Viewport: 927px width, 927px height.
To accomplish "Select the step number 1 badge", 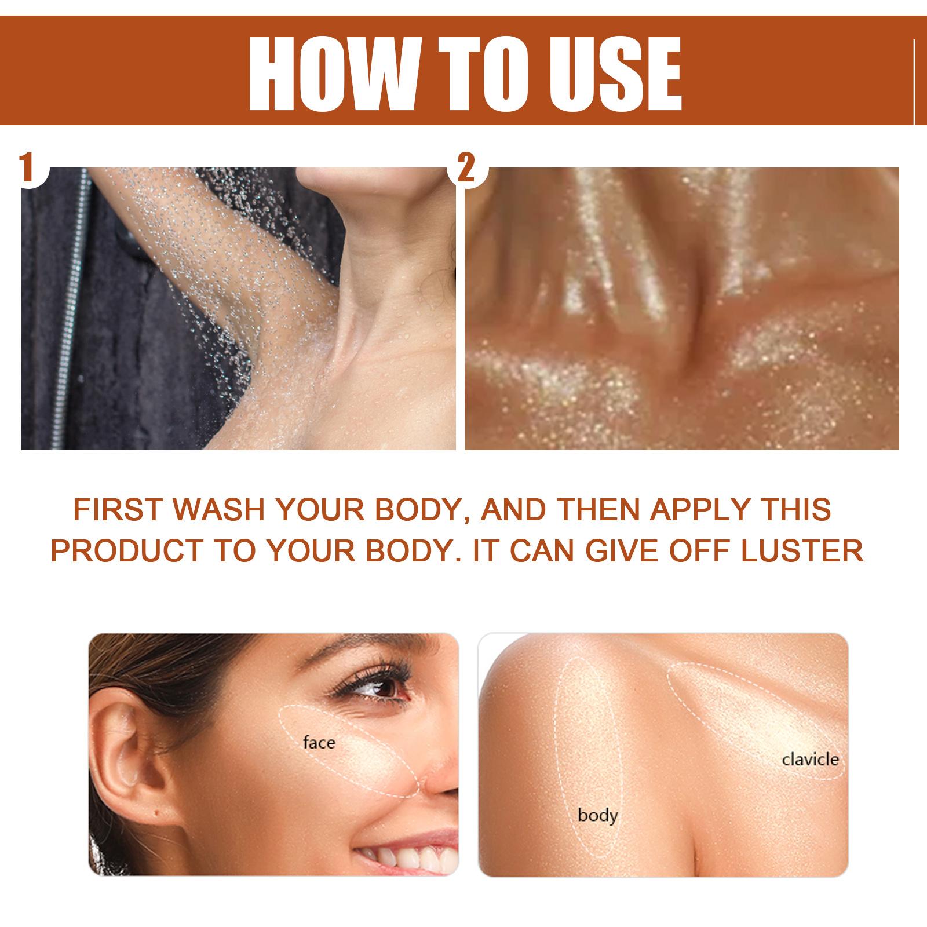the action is pyautogui.click(x=27, y=167).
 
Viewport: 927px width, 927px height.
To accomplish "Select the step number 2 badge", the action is pyautogui.click(x=467, y=168).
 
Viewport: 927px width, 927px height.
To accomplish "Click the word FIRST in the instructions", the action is pyautogui.click(x=118, y=509).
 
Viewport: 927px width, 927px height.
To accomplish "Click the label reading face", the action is pyautogui.click(x=319, y=742).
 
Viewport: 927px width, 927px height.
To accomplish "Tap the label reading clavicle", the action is pyautogui.click(x=810, y=758).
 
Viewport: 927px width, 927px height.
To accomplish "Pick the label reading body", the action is pyautogui.click(x=597, y=815).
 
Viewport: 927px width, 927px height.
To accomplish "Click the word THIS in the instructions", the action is pyautogui.click(x=805, y=509).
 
